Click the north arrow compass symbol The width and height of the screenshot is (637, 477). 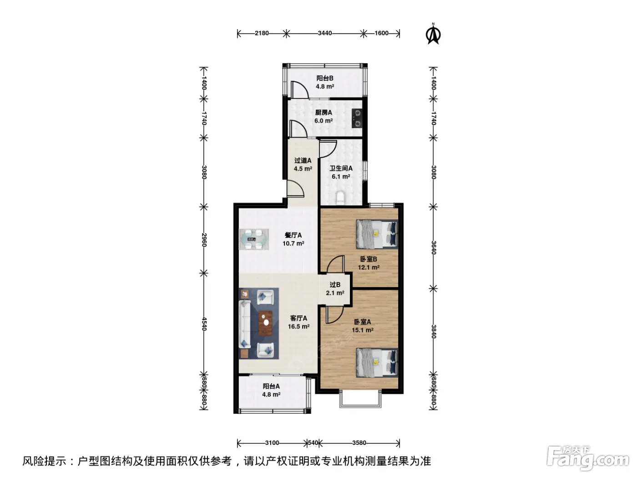coord(433,34)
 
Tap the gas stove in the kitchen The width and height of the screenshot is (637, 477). coord(357,118)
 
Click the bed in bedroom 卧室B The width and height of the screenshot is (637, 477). coord(377,234)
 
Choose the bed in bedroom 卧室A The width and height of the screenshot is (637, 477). coord(377,363)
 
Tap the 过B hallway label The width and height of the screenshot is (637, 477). coord(335,285)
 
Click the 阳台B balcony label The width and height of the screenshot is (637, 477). coord(325,78)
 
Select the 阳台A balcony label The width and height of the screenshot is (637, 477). coord(271,386)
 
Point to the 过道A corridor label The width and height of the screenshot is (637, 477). coord(303,160)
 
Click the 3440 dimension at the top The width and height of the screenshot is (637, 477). coord(325,33)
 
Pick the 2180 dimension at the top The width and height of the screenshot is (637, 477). coord(262,33)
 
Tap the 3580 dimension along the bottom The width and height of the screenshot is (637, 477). coord(359,443)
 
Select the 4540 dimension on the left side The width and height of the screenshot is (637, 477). coord(204,324)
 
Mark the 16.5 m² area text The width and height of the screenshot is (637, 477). coord(298,326)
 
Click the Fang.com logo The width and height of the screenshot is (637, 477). coord(588,460)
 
